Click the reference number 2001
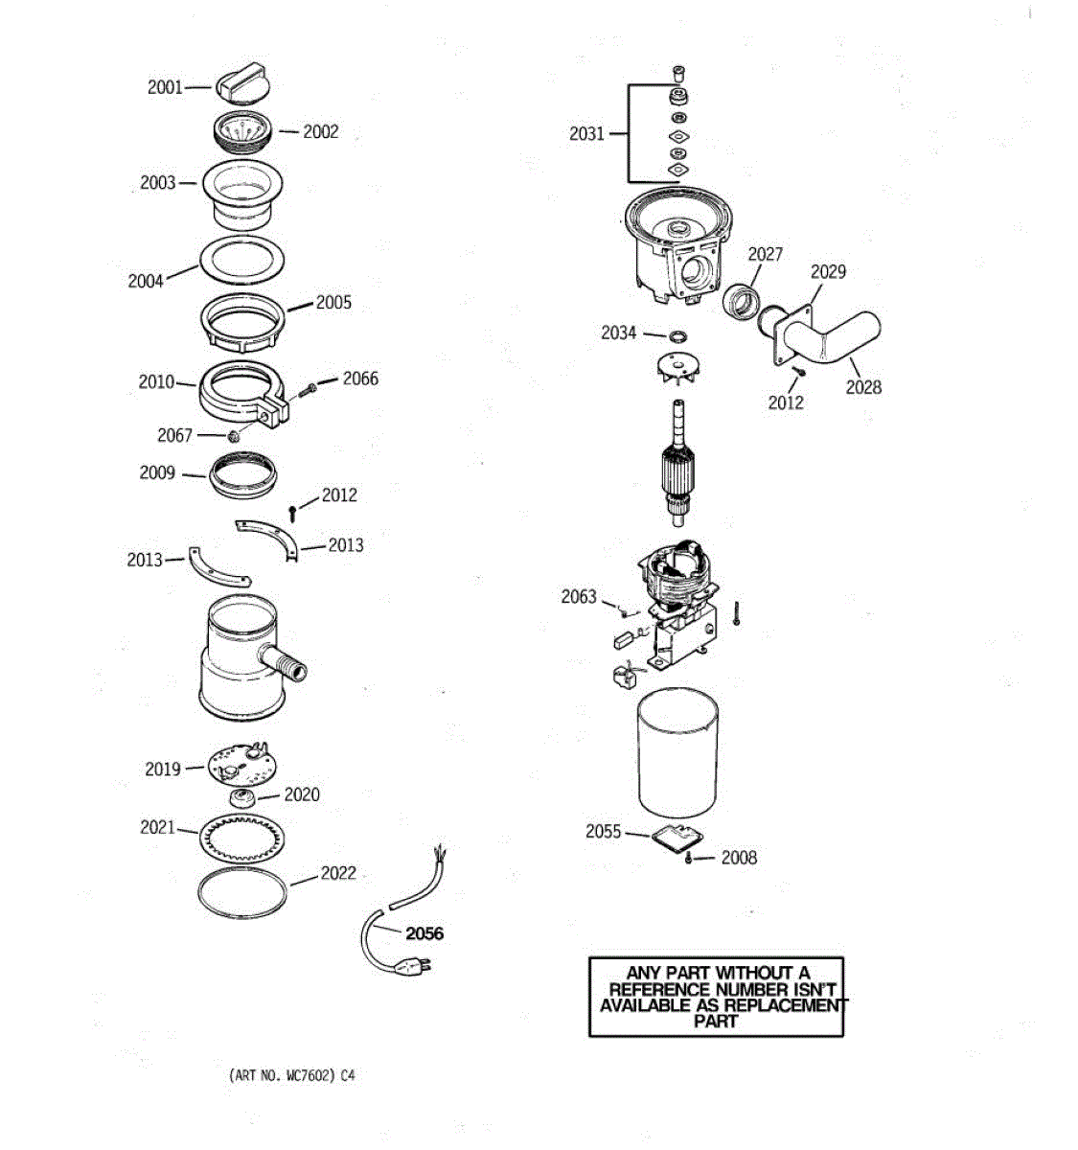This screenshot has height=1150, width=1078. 165,87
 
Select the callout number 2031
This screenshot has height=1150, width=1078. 586,134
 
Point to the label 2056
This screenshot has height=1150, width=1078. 424,933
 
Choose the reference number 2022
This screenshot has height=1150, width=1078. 338,873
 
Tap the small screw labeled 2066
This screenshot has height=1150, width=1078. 310,390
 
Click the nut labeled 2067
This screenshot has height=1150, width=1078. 232,438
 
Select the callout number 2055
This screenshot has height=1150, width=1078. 604,832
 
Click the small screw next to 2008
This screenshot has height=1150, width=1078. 689,858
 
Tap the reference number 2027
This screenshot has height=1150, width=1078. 766,254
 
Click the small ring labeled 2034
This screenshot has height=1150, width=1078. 678,336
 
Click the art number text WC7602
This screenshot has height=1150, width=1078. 309,1075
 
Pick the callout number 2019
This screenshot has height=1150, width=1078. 163,769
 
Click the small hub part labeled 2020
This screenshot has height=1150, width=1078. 243,797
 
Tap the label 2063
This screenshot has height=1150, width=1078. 579,597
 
